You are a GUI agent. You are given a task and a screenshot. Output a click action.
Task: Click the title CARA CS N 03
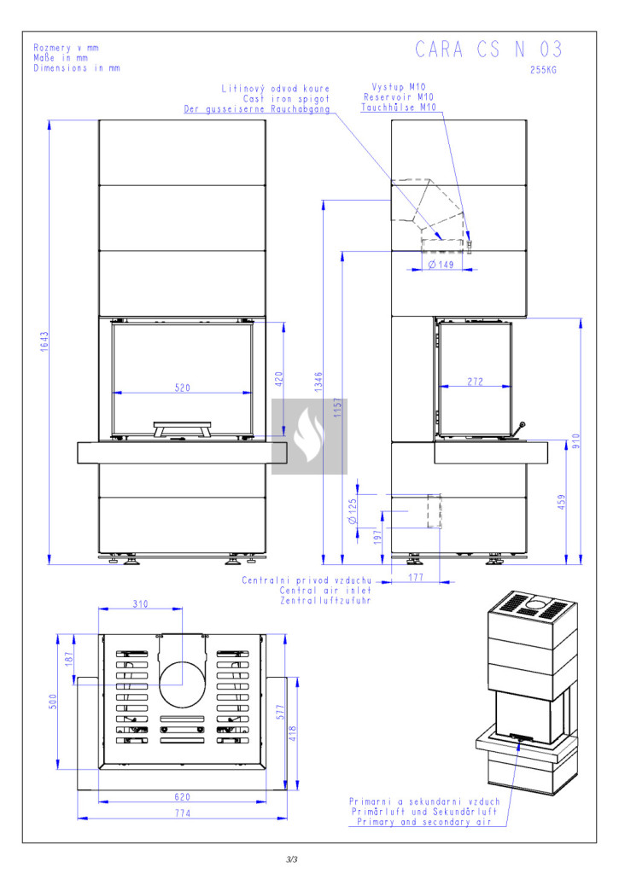[x=488, y=50]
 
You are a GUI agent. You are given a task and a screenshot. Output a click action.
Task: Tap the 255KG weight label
[x=543, y=70]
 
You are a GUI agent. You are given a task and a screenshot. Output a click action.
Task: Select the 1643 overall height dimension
[x=44, y=341]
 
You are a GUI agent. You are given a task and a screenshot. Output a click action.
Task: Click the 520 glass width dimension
[x=183, y=387]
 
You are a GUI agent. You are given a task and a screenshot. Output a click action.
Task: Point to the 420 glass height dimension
[x=279, y=378]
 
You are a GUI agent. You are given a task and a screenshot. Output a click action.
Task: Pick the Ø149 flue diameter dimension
[x=441, y=265]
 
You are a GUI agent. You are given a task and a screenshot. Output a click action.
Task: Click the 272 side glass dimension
[x=475, y=382]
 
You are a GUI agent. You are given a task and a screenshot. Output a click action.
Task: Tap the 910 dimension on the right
[x=576, y=441]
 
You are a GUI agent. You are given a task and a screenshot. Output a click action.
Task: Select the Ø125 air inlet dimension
[x=353, y=512]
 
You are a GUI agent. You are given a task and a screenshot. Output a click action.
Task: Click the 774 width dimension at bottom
[x=183, y=813]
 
